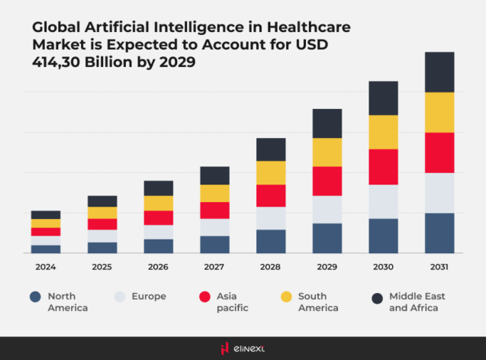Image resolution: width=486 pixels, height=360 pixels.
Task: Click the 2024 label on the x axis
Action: point(46,268)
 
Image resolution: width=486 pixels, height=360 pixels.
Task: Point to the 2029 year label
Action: point(327,268)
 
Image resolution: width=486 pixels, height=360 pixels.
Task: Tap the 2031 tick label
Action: point(439,268)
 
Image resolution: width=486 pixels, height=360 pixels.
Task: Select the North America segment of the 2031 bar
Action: point(439,233)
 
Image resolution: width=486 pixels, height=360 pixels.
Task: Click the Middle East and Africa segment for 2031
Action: point(439,72)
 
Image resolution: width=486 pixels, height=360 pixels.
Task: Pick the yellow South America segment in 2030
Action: point(383,132)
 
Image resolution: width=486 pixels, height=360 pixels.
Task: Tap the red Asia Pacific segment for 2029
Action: point(327,181)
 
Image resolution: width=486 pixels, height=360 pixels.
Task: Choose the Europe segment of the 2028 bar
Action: point(271,218)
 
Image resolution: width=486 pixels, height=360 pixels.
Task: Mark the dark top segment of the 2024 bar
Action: point(46,214)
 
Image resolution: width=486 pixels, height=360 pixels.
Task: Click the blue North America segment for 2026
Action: point(159,246)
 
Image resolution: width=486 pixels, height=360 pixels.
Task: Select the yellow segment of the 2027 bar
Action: point(214,193)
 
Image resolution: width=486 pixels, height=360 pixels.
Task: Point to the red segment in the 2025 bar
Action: point(102,224)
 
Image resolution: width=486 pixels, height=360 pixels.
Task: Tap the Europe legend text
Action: point(150,296)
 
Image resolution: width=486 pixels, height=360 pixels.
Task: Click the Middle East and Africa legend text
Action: point(417,301)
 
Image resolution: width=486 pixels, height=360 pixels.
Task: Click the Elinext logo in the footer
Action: point(243,349)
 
